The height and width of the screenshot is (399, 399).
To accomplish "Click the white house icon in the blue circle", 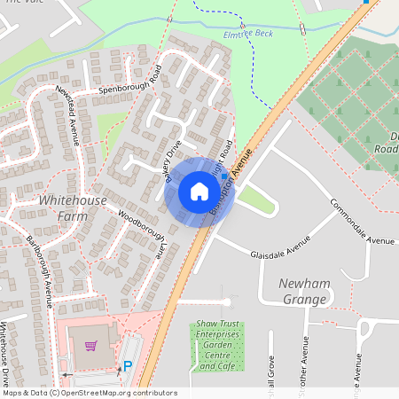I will (x=199, y=191).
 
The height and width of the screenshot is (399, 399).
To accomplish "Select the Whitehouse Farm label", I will (x=73, y=207).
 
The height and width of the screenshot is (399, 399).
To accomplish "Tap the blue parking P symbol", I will (x=128, y=365).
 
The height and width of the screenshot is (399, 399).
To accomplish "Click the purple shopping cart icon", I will (x=90, y=345).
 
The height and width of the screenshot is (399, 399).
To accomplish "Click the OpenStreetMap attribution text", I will (x=89, y=393).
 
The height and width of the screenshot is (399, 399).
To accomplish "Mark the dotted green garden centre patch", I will (x=218, y=347).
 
